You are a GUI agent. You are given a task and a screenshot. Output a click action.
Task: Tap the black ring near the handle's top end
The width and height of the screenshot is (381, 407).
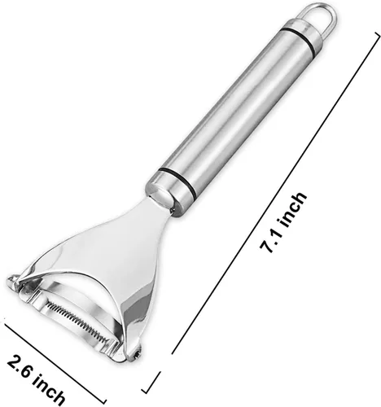click(300, 34)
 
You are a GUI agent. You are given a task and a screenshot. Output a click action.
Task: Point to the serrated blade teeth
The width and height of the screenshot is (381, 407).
click(79, 317)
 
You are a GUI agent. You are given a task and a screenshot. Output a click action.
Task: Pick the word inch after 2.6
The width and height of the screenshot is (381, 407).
click(49, 392)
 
